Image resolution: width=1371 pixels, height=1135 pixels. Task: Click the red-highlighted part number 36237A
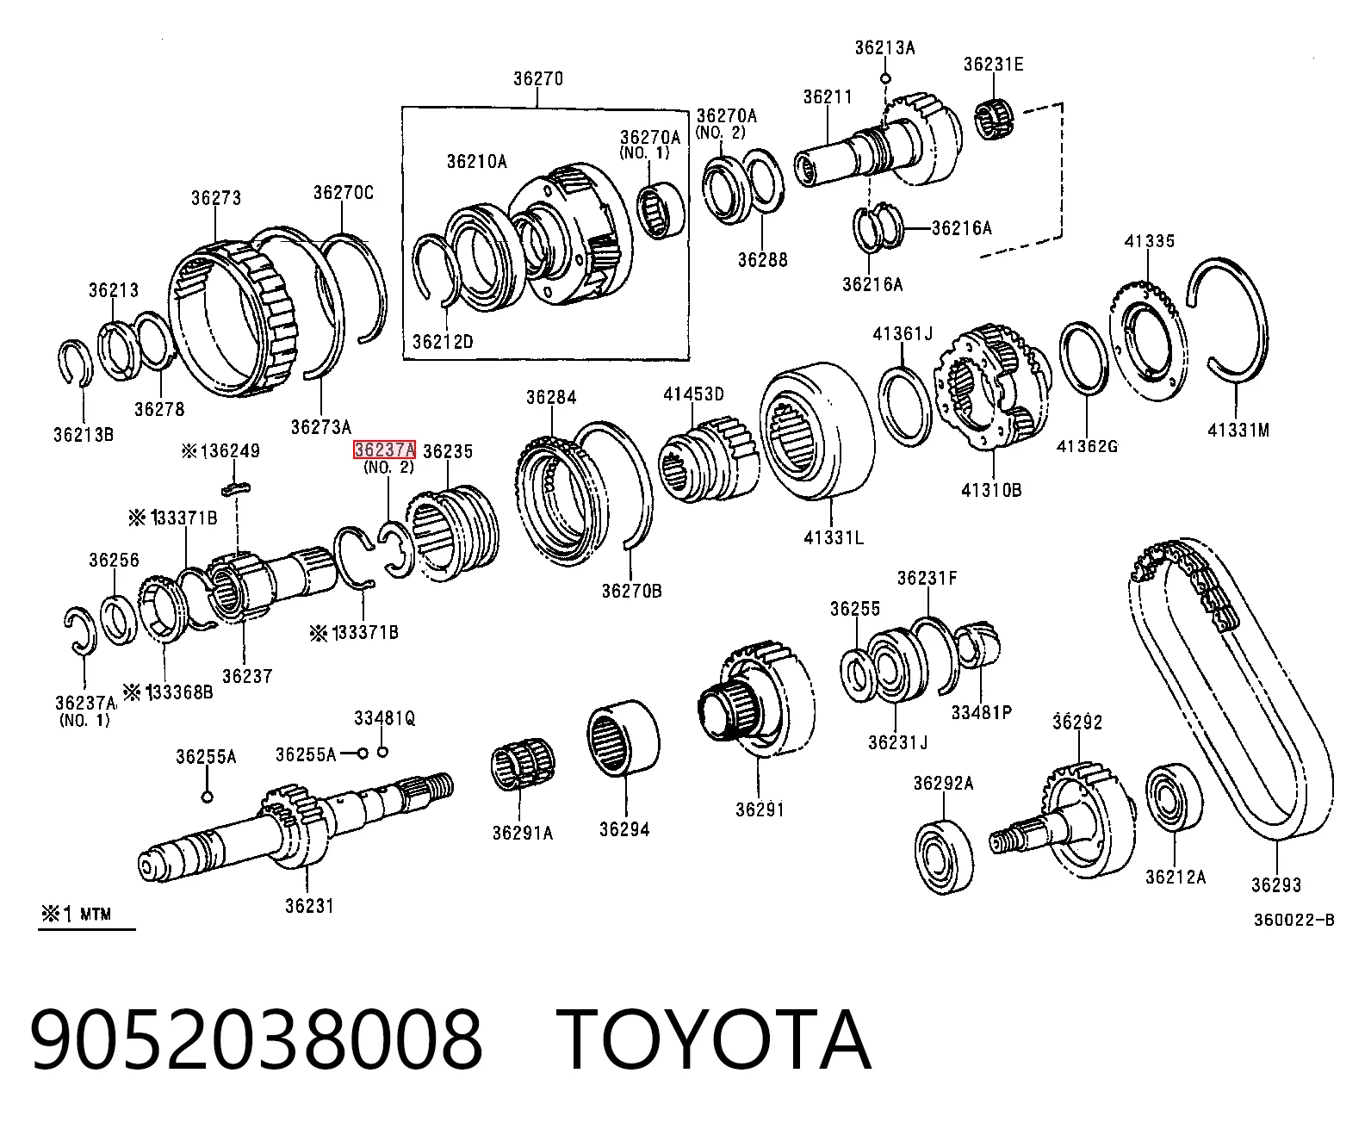(385, 450)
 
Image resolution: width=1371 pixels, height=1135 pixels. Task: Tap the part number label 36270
(538, 79)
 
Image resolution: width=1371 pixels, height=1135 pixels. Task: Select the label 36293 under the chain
(1275, 884)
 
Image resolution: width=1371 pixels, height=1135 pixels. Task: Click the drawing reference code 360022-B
(1294, 920)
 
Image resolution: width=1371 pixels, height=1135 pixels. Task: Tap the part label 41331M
(1238, 431)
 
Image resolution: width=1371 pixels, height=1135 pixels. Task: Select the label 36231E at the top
(994, 65)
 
